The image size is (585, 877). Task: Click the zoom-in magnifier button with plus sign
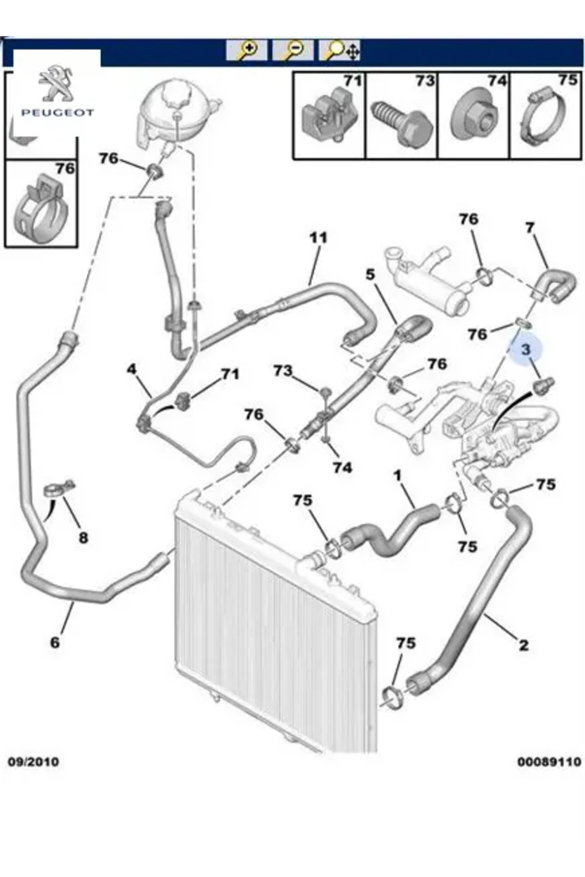[247, 50]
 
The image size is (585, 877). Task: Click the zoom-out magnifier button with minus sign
[292, 50]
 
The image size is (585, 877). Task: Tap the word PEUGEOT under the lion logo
[57, 113]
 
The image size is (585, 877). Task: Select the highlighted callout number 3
[525, 349]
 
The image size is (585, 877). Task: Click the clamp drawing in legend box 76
[41, 207]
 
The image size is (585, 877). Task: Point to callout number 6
[55, 642]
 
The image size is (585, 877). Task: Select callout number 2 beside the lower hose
[524, 646]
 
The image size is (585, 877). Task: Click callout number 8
[83, 538]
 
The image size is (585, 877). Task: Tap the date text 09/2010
[33, 762]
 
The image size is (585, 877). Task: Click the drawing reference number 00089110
[549, 762]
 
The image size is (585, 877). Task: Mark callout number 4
[132, 369]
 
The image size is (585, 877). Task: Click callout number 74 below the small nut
[342, 468]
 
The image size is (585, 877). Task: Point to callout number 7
[530, 228]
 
